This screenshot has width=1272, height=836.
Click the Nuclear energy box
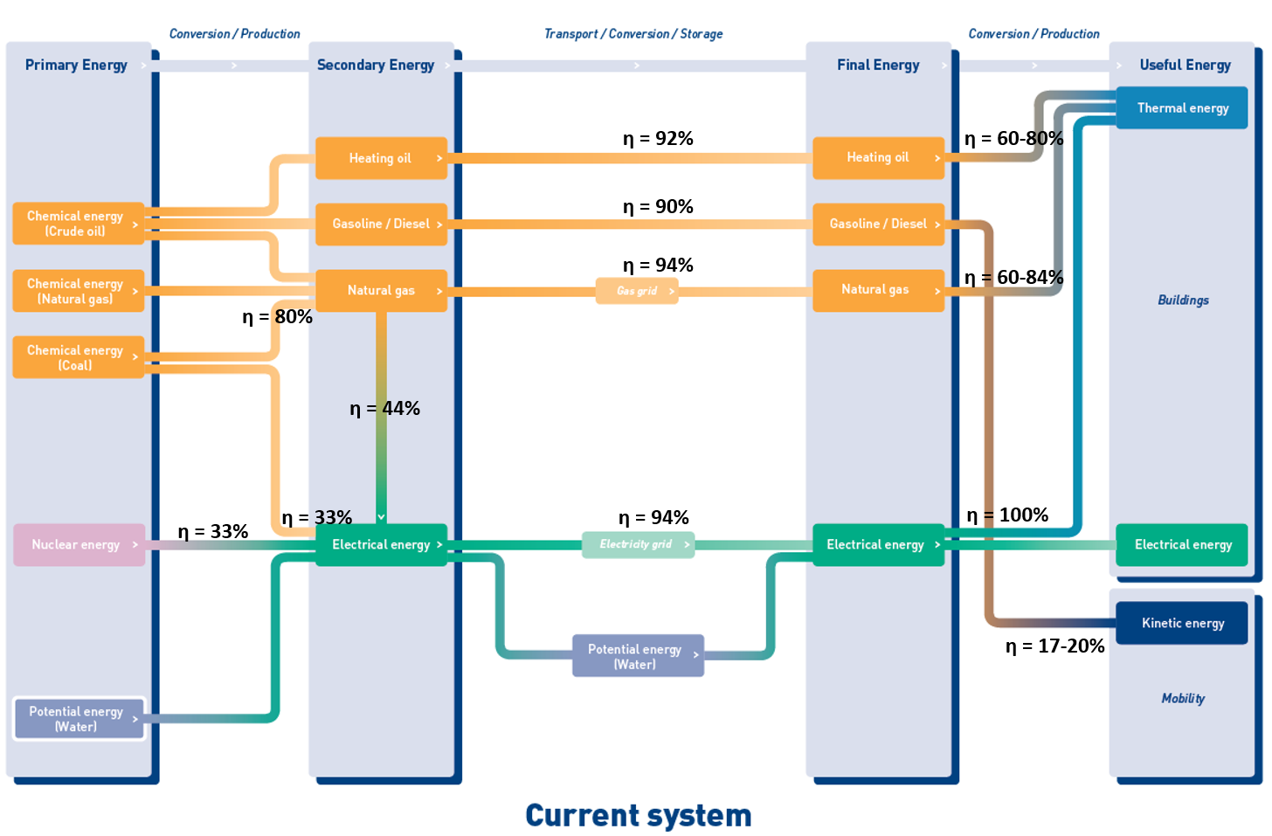79,544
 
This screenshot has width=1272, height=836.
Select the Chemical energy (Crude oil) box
79,224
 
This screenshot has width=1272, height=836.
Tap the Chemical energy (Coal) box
79,357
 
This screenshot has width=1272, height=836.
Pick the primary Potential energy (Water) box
79,718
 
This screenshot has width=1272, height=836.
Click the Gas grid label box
637,291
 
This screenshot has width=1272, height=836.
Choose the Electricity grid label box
639,544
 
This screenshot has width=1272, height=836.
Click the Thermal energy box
1182,108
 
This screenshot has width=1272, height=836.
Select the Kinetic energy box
1182,623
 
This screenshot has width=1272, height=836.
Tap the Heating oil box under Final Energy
879,158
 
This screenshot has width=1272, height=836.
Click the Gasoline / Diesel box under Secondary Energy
382,225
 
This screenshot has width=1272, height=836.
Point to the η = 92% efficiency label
658,139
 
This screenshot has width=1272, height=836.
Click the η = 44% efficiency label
385,408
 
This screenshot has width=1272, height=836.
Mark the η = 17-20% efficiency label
1055,646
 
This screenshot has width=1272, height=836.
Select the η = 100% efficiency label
1007,515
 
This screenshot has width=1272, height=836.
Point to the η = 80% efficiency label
278,317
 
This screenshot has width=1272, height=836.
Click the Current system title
639,816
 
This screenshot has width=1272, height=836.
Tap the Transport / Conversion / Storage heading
633,34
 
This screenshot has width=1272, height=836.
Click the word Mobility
1183,699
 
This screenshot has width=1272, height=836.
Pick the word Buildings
1184,300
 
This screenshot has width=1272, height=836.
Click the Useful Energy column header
1186,66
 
